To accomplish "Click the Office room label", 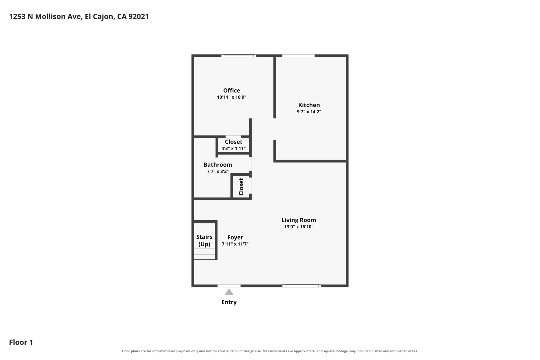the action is click(232, 90).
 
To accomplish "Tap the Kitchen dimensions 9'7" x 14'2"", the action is click(309, 112).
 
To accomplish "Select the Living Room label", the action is click(298, 220).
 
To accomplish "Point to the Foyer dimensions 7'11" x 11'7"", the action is click(235, 244).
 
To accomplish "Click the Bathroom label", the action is click(218, 165).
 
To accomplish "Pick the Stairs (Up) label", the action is click(204, 241).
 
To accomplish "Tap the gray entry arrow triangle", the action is click(229, 292).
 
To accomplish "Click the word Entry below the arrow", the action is click(229, 302).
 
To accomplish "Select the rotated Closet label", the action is click(241, 187).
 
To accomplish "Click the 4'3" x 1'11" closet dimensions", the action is click(233, 148).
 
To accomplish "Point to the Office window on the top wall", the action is click(239, 56).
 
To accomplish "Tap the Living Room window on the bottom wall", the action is click(302, 286).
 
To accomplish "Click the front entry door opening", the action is click(229, 286).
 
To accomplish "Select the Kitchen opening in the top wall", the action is click(298, 56).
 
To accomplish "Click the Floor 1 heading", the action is click(21, 342).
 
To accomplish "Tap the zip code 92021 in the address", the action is click(139, 17).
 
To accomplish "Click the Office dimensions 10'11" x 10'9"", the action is click(232, 97).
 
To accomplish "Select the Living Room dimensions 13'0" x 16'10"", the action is click(298, 227).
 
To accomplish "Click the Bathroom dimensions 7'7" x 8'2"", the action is click(218, 171).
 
